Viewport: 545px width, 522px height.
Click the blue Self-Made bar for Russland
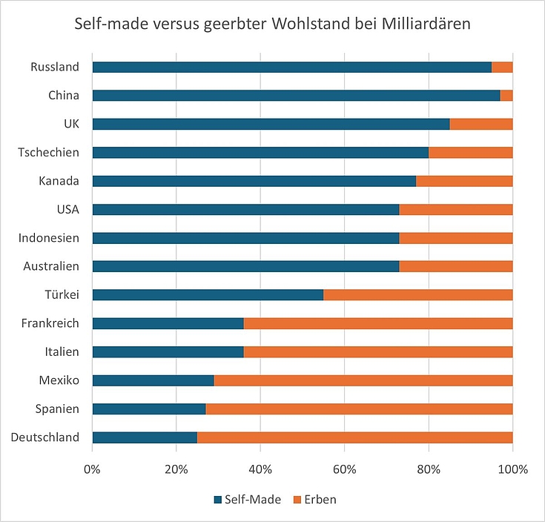[x=291, y=67]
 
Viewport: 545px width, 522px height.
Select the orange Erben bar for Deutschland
[x=354, y=437]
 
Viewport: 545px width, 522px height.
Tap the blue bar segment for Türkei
[x=208, y=295]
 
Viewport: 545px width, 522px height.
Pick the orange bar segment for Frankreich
[x=378, y=323]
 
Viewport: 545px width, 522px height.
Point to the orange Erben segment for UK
[x=481, y=124]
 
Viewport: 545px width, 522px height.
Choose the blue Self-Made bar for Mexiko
[x=153, y=380]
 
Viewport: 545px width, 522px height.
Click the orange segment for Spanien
[x=359, y=409]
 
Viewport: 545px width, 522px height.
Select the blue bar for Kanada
[x=254, y=181]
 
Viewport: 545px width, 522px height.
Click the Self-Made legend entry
[x=247, y=500]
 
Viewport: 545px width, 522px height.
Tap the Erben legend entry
[x=318, y=500]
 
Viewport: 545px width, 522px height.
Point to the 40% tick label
[x=260, y=469]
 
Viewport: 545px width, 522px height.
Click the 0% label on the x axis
[x=92, y=469]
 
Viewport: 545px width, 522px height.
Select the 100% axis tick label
[x=512, y=469]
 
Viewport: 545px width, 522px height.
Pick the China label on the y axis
[x=63, y=96]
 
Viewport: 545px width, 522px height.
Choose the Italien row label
[x=61, y=351]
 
